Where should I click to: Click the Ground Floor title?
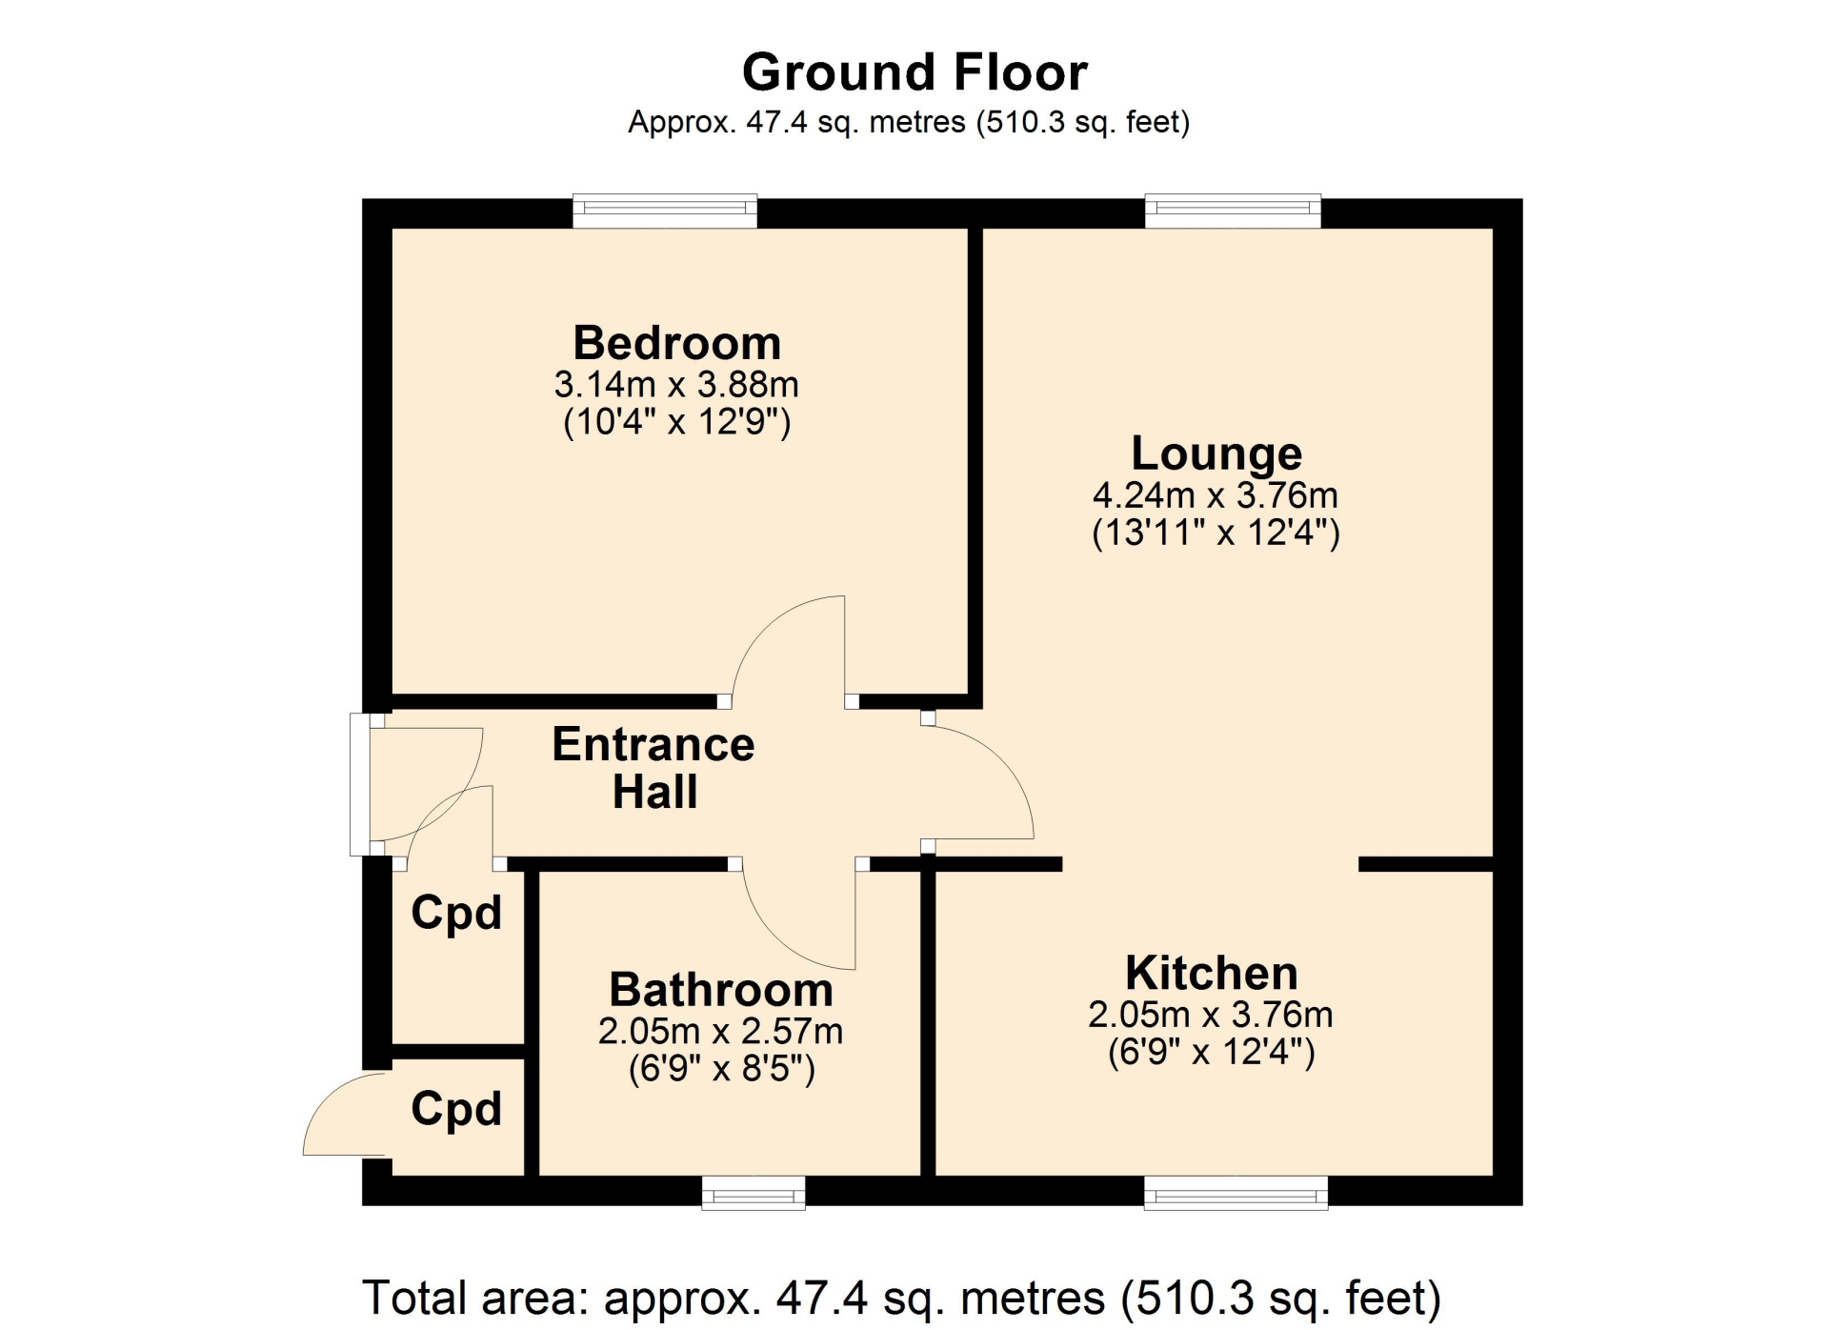tap(914, 72)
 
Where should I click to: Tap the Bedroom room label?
tap(677, 343)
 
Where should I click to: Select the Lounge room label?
tap(1216, 454)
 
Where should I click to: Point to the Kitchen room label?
tap(1212, 973)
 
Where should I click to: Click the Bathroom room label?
tap(721, 990)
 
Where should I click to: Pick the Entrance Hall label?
tap(653, 768)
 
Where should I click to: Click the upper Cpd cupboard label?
tap(456, 914)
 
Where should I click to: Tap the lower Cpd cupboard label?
tap(456, 1109)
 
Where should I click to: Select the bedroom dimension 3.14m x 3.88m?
tap(676, 385)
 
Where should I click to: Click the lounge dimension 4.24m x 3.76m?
tap(1216, 495)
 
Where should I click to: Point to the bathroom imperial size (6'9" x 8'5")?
tap(722, 1068)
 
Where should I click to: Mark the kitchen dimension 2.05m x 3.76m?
tap(1211, 1015)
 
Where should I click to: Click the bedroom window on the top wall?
tap(665, 211)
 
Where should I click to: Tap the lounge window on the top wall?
tap(1233, 211)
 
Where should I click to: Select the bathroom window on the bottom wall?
tap(754, 1193)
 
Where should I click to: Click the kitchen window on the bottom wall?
tap(1236, 1193)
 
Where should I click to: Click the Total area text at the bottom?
tap(901, 1298)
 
